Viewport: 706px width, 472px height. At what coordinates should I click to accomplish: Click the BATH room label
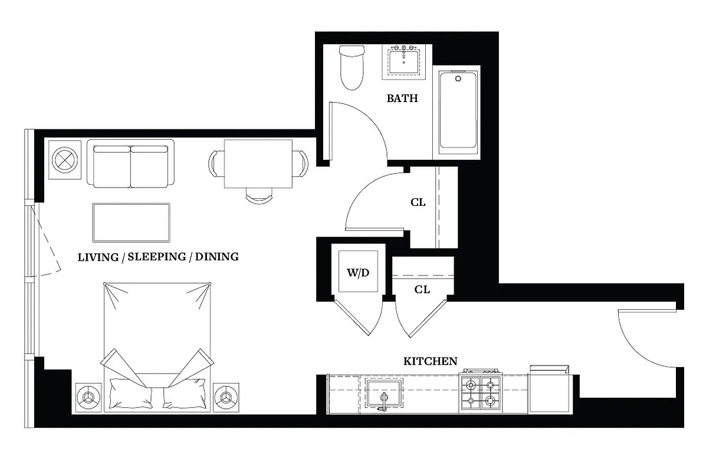(x=402, y=99)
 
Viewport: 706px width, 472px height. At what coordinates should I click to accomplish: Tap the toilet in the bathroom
(x=352, y=67)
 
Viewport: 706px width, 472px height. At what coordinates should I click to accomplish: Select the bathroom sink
(x=406, y=61)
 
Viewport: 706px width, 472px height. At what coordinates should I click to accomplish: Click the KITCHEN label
(x=430, y=361)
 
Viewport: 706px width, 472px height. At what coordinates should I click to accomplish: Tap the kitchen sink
(x=383, y=393)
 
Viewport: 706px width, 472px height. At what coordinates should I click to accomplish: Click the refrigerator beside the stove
(x=550, y=390)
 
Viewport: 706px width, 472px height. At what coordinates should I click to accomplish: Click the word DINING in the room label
(x=217, y=257)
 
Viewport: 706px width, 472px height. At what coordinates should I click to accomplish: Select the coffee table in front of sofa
(x=132, y=222)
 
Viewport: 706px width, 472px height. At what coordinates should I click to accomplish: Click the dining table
(x=258, y=163)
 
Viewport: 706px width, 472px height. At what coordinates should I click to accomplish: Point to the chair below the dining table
(x=259, y=196)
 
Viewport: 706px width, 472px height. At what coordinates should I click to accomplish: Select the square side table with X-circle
(x=64, y=160)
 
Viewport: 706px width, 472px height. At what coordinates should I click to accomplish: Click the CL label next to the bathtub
(x=418, y=202)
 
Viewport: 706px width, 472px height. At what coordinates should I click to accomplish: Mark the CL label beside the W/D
(x=422, y=290)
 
